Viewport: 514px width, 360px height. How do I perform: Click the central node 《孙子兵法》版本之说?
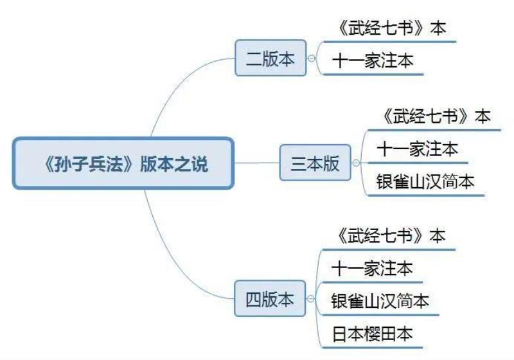[123, 164]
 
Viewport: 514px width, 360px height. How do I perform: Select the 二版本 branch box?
[270, 59]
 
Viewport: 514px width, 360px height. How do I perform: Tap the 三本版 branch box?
[315, 163]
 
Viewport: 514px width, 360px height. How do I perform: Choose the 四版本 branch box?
[270, 299]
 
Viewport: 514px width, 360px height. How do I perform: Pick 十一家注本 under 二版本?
[373, 61]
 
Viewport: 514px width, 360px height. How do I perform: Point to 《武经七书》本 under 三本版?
[436, 117]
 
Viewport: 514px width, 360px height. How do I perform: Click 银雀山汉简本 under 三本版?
[426, 182]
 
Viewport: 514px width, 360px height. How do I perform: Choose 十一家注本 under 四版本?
[373, 268]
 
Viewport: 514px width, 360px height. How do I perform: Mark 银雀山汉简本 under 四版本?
[381, 301]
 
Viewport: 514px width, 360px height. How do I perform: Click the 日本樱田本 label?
[373, 334]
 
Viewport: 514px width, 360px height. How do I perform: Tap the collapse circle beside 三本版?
[356, 163]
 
